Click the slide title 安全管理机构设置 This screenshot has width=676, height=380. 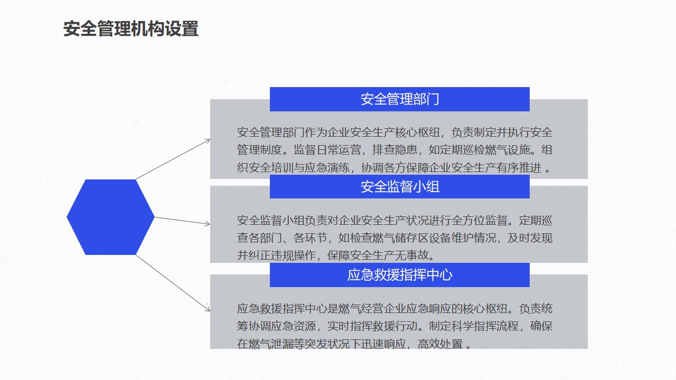coord(131,28)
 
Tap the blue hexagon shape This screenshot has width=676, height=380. coord(110,217)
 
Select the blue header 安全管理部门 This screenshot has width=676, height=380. coord(400,99)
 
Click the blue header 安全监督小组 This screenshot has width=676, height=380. coord(400,186)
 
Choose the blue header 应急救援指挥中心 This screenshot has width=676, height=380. coord(400,275)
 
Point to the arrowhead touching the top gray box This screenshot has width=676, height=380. coord(208,141)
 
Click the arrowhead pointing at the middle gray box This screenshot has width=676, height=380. coord(208,223)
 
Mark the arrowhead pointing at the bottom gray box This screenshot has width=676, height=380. coord(208,309)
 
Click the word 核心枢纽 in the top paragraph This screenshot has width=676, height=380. coord(417,132)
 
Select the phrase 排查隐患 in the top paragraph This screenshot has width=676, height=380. coord(395,150)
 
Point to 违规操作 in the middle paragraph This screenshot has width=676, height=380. coord(293,255)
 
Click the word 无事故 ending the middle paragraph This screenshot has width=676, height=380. coord(412,255)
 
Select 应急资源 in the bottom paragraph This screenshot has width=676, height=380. coord(293,326)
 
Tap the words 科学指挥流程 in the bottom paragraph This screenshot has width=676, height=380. coord(485,326)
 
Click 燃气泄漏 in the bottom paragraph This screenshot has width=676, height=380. coord(271,344)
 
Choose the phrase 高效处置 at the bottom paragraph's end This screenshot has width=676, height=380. coord(440,344)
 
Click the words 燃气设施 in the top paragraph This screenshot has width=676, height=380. coord(508,150)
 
